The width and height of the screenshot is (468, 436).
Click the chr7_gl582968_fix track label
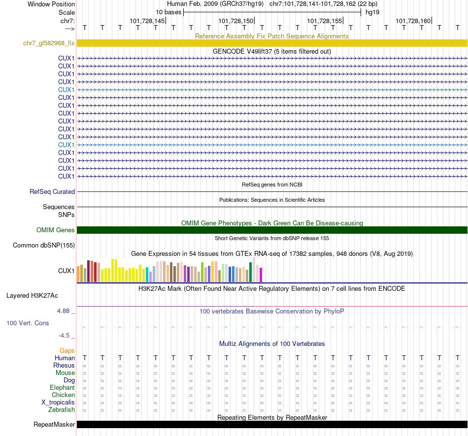pos(49,43)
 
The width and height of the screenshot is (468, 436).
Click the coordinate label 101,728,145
pos(147,21)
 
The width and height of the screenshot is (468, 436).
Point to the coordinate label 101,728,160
pos(413,21)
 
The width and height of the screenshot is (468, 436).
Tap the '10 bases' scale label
pos(168,12)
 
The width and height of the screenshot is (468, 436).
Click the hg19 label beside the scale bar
pos(372,12)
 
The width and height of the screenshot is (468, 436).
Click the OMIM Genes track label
pos(56,230)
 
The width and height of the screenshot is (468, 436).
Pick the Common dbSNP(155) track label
pos(44,246)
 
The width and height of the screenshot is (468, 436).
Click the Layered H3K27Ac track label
pos(32,296)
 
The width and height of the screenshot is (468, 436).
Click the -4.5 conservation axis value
pos(65,336)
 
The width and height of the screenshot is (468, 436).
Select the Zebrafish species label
pos(62,410)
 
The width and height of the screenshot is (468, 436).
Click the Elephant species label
pos(62,388)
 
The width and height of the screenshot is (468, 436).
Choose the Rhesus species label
pos(64,366)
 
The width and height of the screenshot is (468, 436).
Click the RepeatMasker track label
pos(54,425)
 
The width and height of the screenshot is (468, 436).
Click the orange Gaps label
pos(67,350)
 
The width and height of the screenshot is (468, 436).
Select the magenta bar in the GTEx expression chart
pos(261,275)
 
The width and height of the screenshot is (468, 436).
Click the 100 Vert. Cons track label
pos(28,323)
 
